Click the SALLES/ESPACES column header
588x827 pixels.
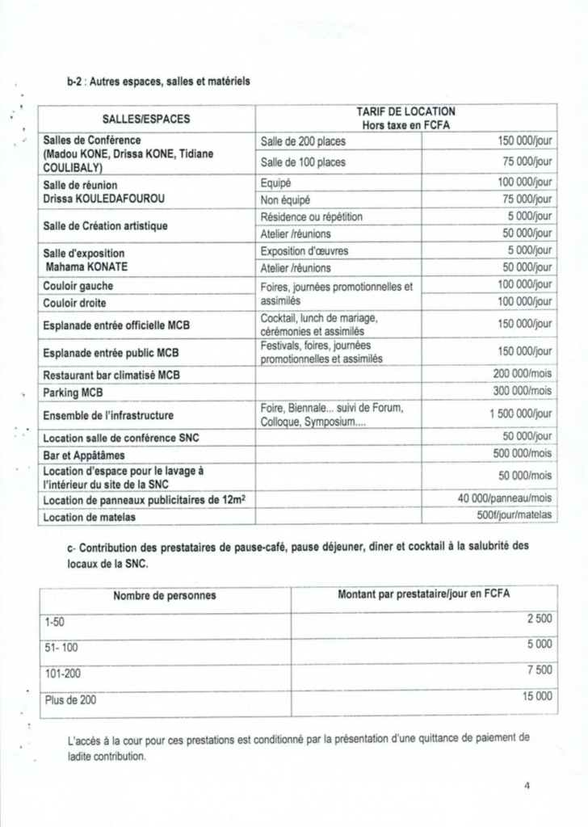pos(146,119)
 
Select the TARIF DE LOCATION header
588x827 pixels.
pos(406,118)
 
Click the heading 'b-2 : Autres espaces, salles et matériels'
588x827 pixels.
pos(158,82)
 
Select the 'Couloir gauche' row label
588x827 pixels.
pos(78,286)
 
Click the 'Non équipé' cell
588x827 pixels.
pos(285,199)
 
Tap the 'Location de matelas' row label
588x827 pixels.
pos(89,517)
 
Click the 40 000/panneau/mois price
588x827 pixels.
pos(505,500)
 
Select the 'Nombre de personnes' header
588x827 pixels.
pos(164,595)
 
